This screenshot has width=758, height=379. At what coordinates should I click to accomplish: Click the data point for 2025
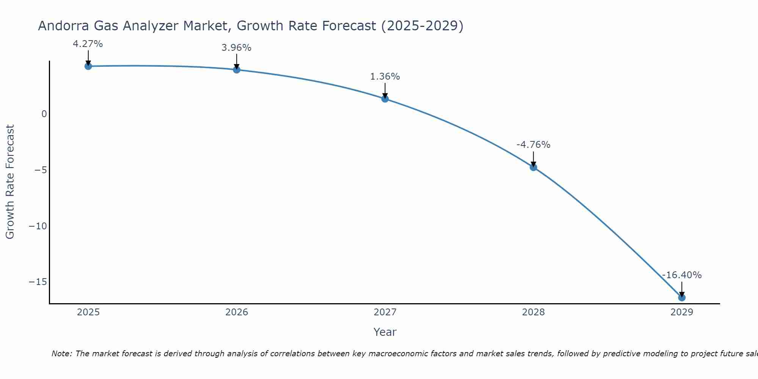coord(88,66)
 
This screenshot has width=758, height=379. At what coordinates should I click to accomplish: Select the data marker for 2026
coord(236,69)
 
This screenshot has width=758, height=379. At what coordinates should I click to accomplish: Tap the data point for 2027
coord(385,99)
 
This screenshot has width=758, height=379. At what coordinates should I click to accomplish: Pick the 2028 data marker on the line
coord(533,167)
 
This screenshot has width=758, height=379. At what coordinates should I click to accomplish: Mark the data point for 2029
coord(682,298)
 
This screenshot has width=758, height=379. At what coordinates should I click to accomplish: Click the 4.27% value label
coord(88,44)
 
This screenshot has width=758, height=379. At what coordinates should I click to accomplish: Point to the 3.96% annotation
coord(236,48)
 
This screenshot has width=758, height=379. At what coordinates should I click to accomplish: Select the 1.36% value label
coord(385,77)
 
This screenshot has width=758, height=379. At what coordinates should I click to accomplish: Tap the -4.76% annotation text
coord(533,145)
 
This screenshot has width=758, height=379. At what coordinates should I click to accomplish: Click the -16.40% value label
coord(682,275)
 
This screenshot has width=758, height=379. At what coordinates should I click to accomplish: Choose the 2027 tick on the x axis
coord(385,312)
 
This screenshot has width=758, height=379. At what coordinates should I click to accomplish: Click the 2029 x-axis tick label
coord(682,312)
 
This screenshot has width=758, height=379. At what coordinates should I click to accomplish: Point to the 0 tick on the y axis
coord(44,114)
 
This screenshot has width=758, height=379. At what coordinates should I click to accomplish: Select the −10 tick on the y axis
coord(38,226)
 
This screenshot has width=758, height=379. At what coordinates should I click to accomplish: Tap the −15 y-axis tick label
coord(38,282)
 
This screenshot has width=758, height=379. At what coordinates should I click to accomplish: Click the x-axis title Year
coord(385,332)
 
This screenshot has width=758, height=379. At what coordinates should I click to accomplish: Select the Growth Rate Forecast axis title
coord(10,182)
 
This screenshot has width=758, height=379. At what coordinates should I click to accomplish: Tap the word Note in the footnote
coord(61,354)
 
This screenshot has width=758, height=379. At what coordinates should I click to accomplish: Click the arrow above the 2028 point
coord(533,158)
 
